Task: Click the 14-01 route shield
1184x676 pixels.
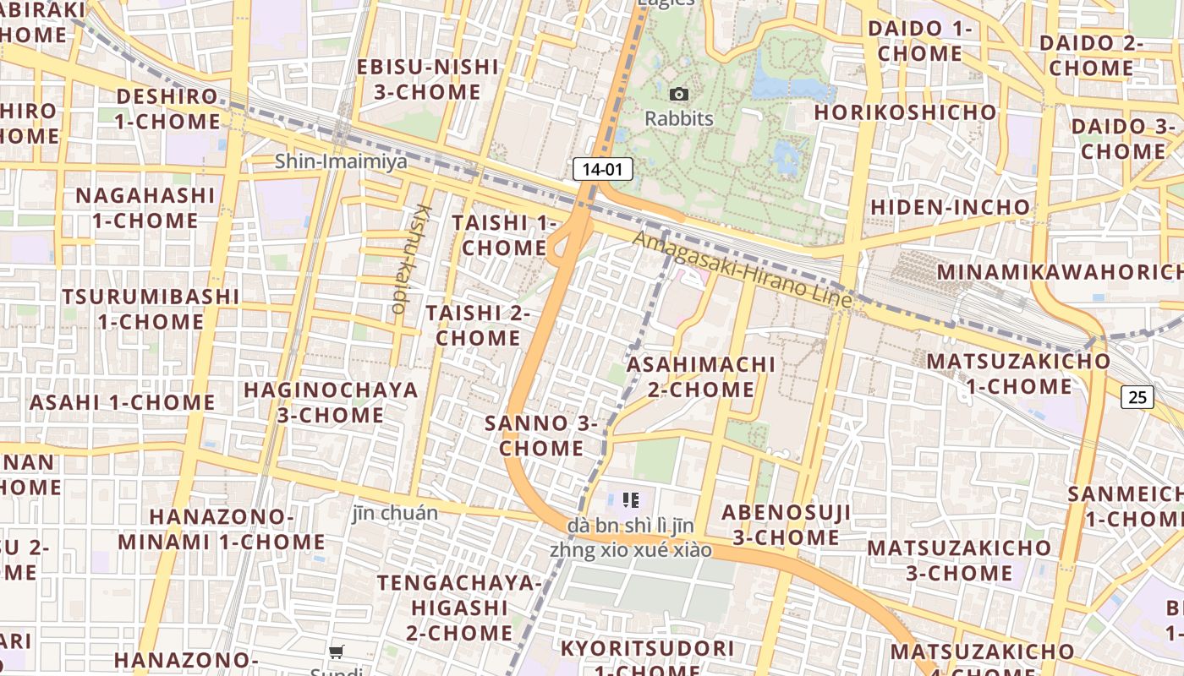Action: (602, 169)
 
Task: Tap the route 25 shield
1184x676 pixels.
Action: (1137, 395)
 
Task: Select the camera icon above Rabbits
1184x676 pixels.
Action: (678, 94)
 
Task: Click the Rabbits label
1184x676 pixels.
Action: (679, 118)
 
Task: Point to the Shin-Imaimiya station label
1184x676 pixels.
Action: (341, 161)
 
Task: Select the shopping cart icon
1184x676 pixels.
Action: (337, 651)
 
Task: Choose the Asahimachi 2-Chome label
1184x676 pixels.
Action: (700, 377)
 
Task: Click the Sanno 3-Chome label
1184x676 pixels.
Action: (541, 435)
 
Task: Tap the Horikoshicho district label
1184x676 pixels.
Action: (906, 112)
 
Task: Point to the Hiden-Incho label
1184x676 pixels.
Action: (951, 207)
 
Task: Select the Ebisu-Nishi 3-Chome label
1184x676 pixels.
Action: (427, 79)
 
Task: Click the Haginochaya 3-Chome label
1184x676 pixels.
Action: (331, 402)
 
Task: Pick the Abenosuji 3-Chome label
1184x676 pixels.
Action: (786, 525)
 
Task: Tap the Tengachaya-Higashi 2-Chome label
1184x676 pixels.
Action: (459, 608)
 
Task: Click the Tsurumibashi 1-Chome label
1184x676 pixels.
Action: (151, 309)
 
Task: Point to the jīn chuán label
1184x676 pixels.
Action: (395, 513)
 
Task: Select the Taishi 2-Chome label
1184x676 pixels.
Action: (478, 325)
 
